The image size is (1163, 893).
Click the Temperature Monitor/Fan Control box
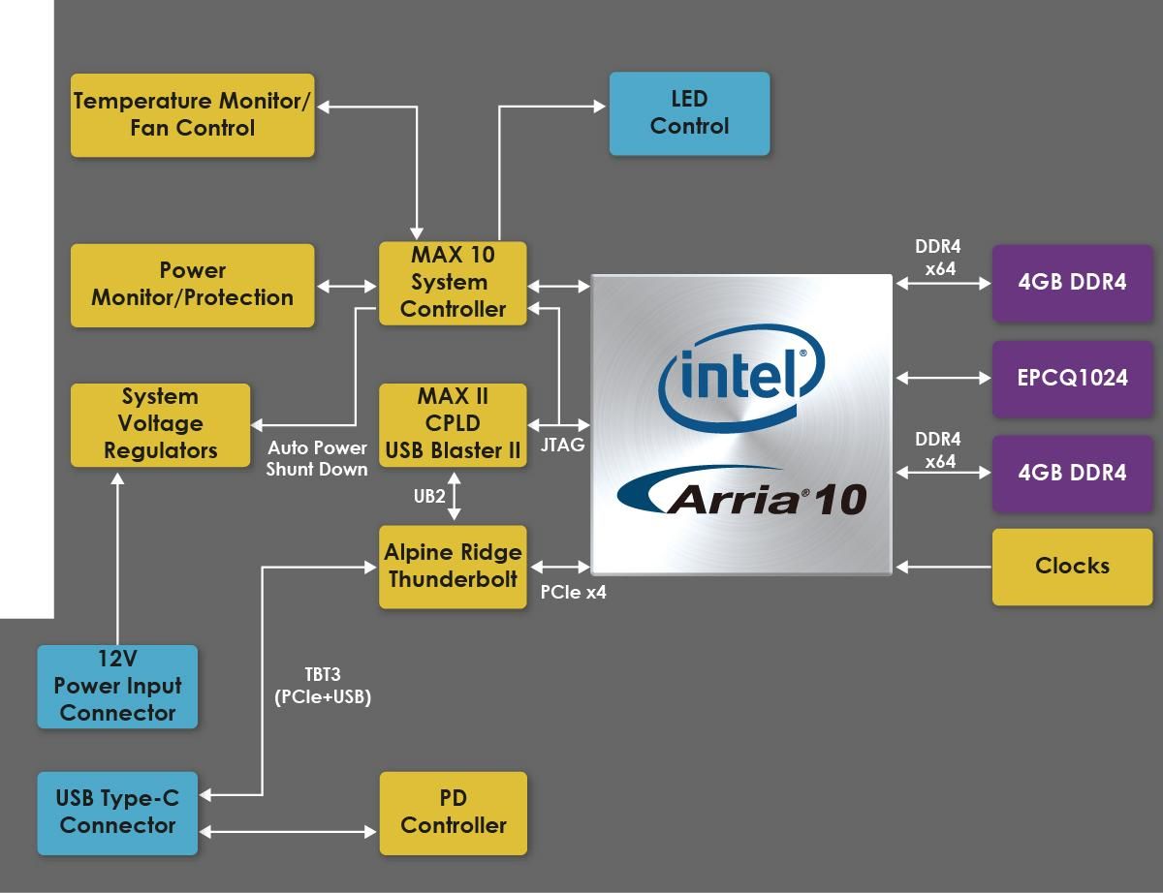pyautogui.click(x=192, y=114)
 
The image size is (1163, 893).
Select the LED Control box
pyautogui.click(x=689, y=112)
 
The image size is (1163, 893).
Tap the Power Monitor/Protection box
pyautogui.click(x=192, y=284)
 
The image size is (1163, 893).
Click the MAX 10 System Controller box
pyautogui.click(x=453, y=282)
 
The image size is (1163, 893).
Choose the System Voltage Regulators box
pyautogui.click(x=160, y=424)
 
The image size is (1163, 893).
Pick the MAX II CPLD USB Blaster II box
pyautogui.click(x=453, y=424)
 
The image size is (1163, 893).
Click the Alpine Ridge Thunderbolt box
pyautogui.click(x=453, y=566)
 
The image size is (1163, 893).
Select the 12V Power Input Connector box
pyautogui.click(x=117, y=686)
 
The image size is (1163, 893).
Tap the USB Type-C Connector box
pyautogui.click(x=117, y=813)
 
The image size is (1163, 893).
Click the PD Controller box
pyautogui.click(x=453, y=813)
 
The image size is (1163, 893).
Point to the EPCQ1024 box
pyautogui.click(x=1072, y=378)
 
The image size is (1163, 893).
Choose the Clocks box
pyautogui.click(x=1072, y=566)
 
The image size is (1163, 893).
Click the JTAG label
pyautogui.click(x=562, y=446)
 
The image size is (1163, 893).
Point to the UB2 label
pyautogui.click(x=429, y=496)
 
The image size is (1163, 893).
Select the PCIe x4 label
pyautogui.click(x=573, y=592)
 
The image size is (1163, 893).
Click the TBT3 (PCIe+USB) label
pyautogui.click(x=323, y=686)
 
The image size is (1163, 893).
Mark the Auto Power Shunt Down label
pyautogui.click(x=317, y=458)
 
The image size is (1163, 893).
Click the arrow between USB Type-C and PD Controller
pyautogui.click(x=288, y=831)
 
